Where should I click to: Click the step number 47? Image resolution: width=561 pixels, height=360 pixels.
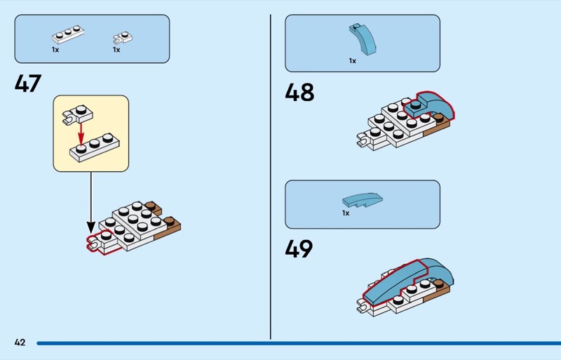pyautogui.click(x=28, y=84)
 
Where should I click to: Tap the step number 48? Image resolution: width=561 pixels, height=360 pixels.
pyautogui.click(x=299, y=92)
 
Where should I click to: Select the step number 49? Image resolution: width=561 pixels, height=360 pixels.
pyautogui.click(x=299, y=249)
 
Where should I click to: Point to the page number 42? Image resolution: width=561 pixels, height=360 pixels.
pyautogui.click(x=20, y=342)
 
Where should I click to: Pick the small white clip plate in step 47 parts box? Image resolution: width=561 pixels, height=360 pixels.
pyautogui.click(x=123, y=36)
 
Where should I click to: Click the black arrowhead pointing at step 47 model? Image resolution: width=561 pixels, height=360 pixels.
pyautogui.click(x=90, y=227)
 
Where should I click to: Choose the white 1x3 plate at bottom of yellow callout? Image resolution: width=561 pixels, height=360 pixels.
pyautogui.click(x=95, y=146)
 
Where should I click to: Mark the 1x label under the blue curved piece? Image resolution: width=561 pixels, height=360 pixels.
pyautogui.click(x=353, y=61)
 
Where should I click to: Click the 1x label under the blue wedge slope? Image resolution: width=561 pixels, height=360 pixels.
pyautogui.click(x=346, y=213)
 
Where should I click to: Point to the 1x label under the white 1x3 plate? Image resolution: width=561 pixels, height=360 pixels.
pyautogui.click(x=55, y=50)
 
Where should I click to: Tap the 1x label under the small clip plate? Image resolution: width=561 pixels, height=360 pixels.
pyautogui.click(x=116, y=50)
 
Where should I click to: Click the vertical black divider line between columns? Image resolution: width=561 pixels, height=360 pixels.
pyautogui.click(x=271, y=175)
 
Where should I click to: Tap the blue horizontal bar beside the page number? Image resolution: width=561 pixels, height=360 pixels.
pyautogui.click(x=295, y=343)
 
